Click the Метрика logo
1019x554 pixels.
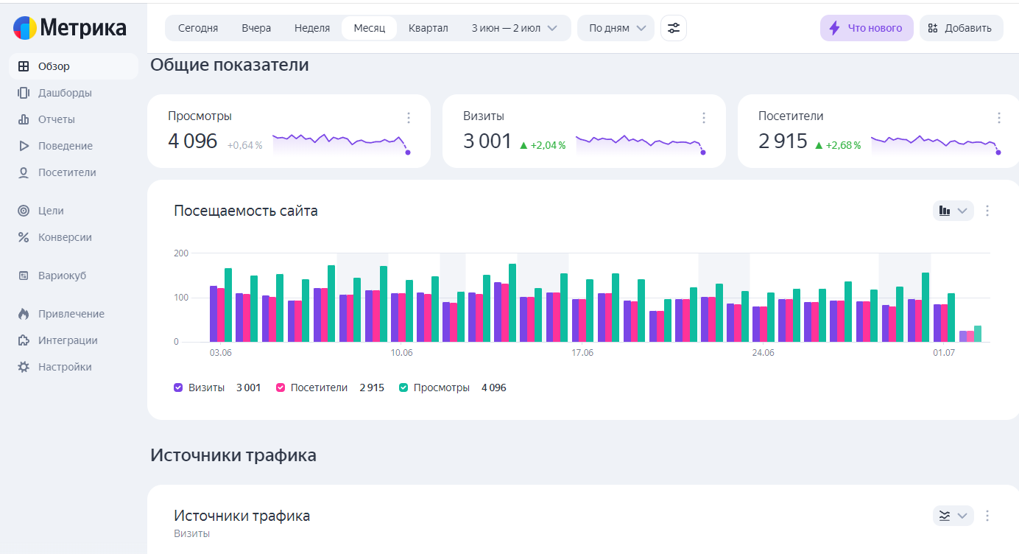click(70, 28)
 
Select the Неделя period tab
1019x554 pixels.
click(312, 28)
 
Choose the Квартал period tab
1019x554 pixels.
click(428, 28)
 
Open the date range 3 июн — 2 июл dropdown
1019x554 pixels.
click(514, 28)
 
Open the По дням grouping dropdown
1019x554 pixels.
click(616, 28)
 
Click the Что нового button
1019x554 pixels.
click(867, 28)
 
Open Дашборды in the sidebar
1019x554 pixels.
click(65, 93)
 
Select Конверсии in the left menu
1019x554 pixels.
click(65, 237)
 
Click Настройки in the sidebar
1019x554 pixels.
click(65, 367)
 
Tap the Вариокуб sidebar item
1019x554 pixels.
click(62, 276)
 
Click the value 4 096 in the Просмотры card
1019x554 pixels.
click(193, 141)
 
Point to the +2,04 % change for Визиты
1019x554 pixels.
click(543, 145)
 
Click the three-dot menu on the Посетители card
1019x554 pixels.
click(999, 118)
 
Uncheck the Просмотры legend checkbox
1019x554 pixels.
click(403, 388)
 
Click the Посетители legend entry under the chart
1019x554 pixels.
click(319, 388)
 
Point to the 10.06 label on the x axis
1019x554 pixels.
click(401, 353)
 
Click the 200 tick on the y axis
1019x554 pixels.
click(181, 253)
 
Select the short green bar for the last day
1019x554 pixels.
click(978, 334)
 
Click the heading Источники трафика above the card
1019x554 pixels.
click(233, 455)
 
